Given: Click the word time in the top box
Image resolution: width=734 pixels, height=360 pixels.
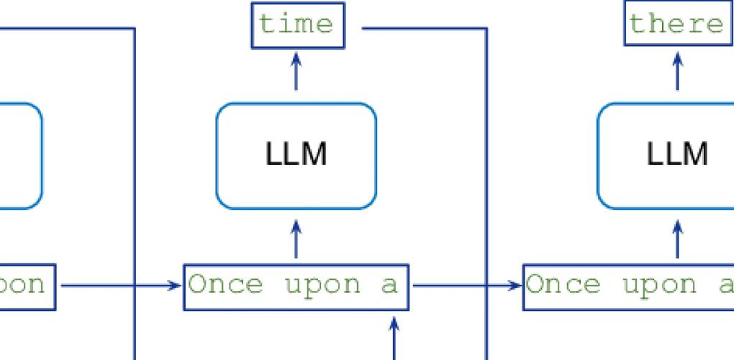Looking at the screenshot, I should (296, 24).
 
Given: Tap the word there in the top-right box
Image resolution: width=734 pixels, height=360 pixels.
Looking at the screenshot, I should (676, 24).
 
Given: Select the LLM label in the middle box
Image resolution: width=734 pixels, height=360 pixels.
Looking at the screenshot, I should (296, 155).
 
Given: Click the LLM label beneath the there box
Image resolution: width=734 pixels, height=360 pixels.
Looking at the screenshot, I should (676, 155).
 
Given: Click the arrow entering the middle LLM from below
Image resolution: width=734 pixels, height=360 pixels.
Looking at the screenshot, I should (296, 240).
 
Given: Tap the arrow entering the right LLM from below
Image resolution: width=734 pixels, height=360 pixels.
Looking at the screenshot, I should (676, 240).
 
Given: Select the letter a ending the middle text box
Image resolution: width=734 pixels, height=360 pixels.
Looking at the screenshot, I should (389, 286).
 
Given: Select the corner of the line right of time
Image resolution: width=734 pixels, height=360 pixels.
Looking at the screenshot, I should (487, 30).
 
